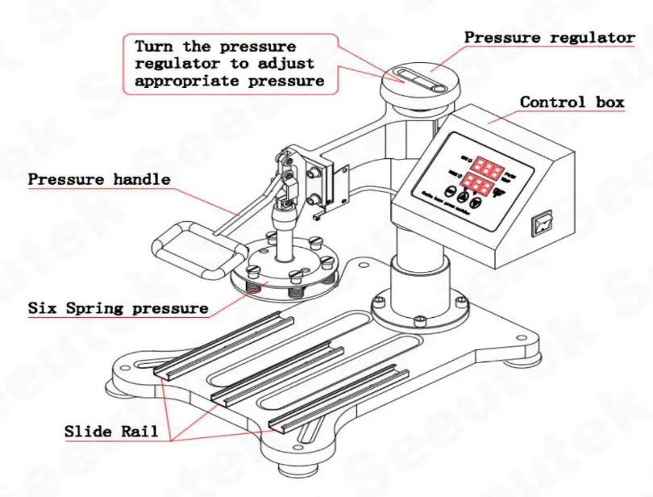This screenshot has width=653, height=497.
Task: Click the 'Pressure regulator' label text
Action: [550, 37]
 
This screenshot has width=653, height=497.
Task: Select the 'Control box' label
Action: [572, 102]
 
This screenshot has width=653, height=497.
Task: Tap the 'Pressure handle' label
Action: [99, 179]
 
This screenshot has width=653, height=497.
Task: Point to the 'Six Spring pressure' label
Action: [118, 308]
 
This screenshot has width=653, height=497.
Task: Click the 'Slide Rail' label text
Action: [117, 431]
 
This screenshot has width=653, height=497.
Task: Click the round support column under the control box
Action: [419, 278]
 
